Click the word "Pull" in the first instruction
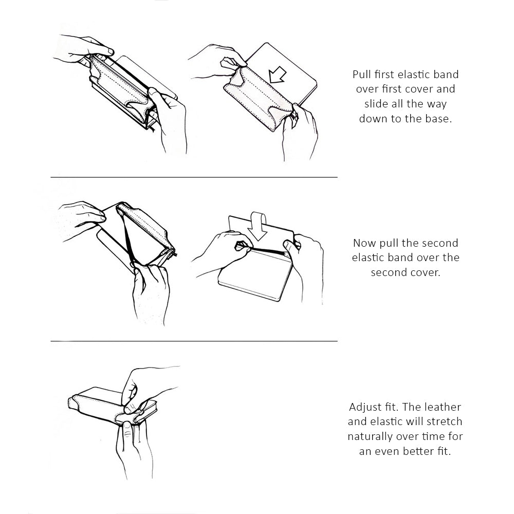point(361,75)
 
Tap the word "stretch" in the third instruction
point(444,421)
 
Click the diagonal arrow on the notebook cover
point(278,75)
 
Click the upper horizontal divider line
point(194,177)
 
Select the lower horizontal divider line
point(194,341)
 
